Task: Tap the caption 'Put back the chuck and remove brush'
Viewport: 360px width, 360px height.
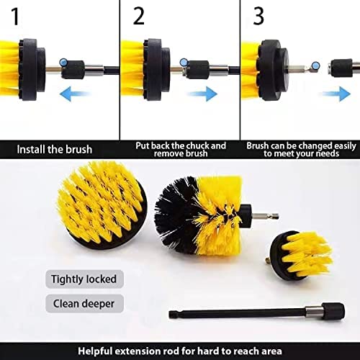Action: point(180,149)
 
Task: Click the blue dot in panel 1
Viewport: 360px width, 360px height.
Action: point(65,63)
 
